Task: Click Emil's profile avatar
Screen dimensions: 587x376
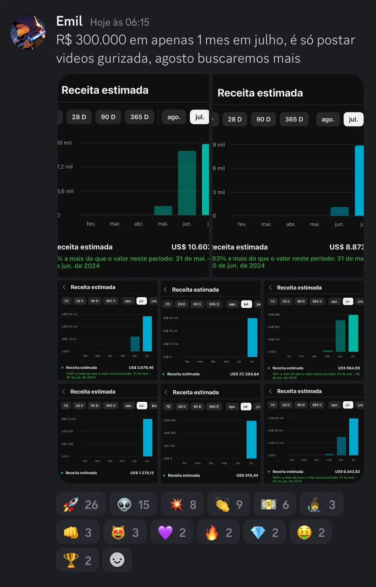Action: [x=28, y=32]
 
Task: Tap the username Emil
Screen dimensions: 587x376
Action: [x=69, y=21]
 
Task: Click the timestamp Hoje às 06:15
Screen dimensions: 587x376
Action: [x=120, y=22]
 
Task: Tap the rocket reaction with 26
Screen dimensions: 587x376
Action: [x=81, y=504]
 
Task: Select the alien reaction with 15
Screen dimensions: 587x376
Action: [x=133, y=504]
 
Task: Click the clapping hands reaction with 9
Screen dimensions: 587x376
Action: [x=228, y=504]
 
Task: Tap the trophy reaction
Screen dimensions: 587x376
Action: [x=77, y=560]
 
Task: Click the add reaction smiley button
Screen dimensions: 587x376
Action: [x=117, y=560]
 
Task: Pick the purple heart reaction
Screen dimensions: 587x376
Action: [x=171, y=532]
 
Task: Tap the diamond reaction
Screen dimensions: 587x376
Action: [x=264, y=532]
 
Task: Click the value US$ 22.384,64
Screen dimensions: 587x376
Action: [x=244, y=374]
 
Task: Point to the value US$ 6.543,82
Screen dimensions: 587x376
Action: [x=347, y=471]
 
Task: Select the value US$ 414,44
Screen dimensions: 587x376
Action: [x=247, y=476]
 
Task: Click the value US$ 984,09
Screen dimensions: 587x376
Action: [x=348, y=368]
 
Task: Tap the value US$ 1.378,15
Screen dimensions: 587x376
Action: [x=142, y=473]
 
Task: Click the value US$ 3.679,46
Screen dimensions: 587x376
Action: [x=141, y=367]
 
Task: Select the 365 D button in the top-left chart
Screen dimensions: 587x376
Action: [x=139, y=117]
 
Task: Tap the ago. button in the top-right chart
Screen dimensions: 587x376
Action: [x=328, y=119]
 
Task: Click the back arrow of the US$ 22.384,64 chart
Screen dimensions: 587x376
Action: [x=166, y=289]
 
